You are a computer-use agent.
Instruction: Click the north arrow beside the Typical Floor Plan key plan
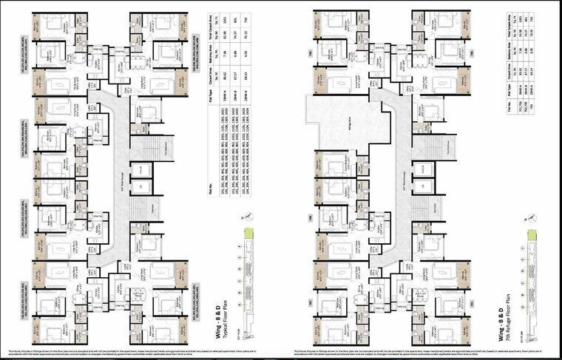click(x=244, y=219)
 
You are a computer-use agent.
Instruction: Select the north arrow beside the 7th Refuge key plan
click(x=530, y=219)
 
